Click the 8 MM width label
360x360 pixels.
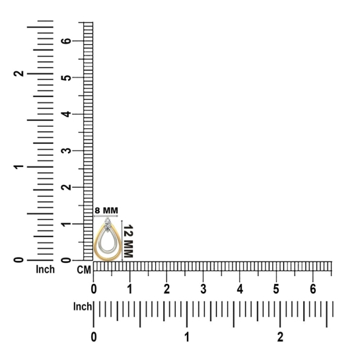[106, 210]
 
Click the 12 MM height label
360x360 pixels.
[128, 241]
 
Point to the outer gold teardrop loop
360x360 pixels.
[95, 248]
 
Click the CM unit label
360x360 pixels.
[84, 270]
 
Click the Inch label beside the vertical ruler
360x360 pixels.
[45, 270]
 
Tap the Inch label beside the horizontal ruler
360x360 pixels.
[83, 306]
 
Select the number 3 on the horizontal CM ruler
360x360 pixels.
[203, 289]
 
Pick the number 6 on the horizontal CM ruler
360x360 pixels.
[313, 289]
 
